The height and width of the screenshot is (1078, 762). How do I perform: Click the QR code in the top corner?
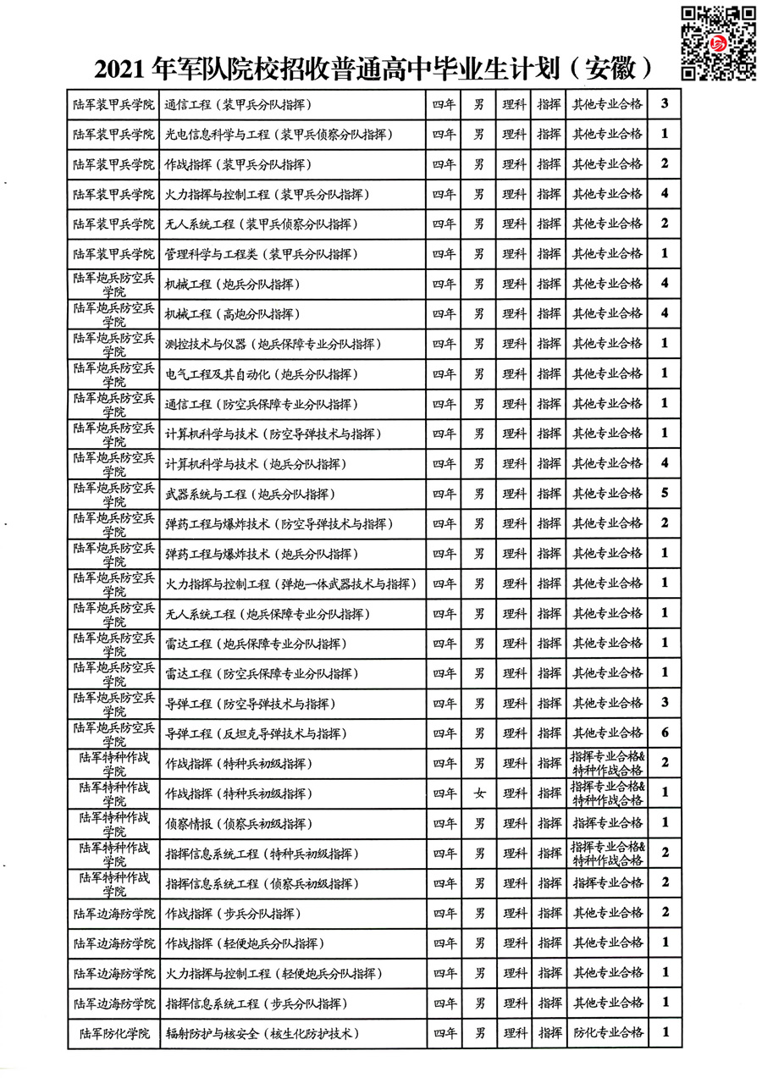(719, 42)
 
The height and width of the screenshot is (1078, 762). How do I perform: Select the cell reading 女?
(479, 793)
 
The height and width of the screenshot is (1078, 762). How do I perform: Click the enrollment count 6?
(665, 732)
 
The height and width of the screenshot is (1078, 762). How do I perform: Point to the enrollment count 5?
(665, 494)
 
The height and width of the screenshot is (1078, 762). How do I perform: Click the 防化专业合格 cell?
(608, 1032)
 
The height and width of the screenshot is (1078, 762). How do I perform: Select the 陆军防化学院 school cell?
(114, 1032)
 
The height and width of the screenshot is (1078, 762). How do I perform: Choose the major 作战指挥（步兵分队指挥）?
(233, 913)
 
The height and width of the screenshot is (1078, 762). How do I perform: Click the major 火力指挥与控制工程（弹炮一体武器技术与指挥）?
(290, 583)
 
